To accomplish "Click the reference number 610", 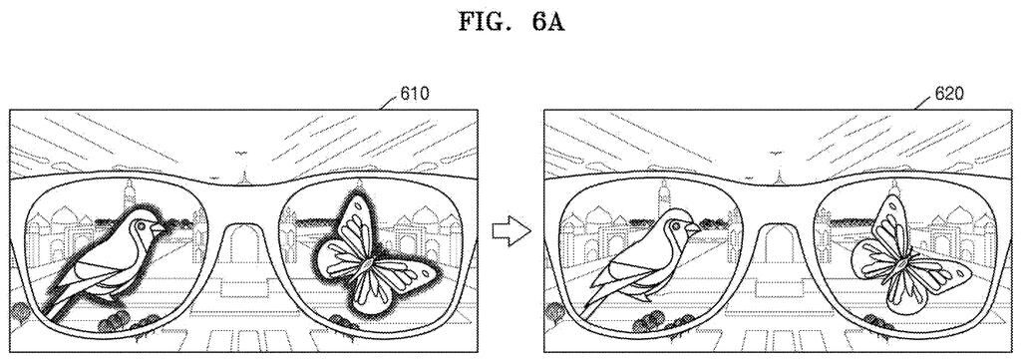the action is [x=414, y=95].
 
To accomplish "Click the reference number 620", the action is [x=947, y=95].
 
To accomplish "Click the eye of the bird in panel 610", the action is [x=142, y=225].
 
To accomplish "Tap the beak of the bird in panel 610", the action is [x=159, y=230].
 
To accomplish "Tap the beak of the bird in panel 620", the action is [x=692, y=229].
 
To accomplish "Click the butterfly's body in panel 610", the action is [x=367, y=263].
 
